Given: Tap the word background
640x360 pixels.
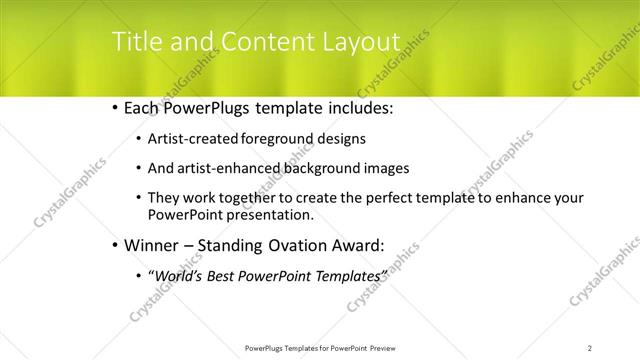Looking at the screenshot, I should [317, 169].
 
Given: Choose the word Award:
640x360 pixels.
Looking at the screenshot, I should [358, 245].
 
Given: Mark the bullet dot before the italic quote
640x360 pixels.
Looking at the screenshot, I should [137, 275].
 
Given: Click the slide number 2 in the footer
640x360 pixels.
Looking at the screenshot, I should [590, 347].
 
